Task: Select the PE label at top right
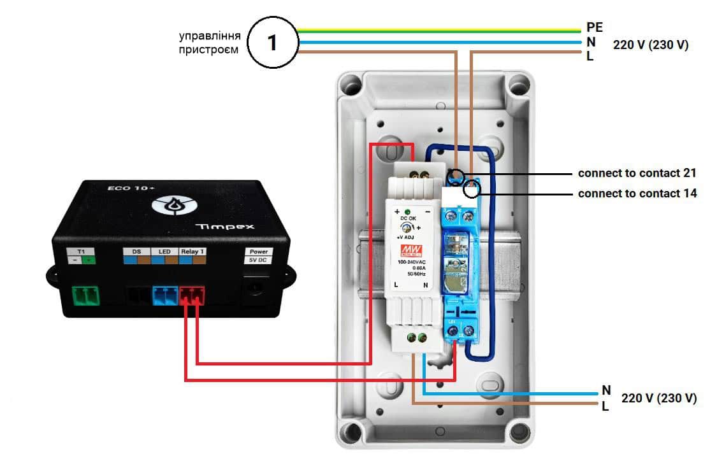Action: tap(594, 27)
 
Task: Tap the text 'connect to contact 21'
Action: tap(637, 173)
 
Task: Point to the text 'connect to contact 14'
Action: tap(637, 194)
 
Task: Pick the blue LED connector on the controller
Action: tap(164, 296)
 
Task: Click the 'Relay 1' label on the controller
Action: tap(192, 252)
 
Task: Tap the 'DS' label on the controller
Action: tap(136, 252)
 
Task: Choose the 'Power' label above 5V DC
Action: tap(258, 252)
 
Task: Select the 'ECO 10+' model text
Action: tap(123, 188)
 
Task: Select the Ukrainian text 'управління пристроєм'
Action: tap(210, 42)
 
